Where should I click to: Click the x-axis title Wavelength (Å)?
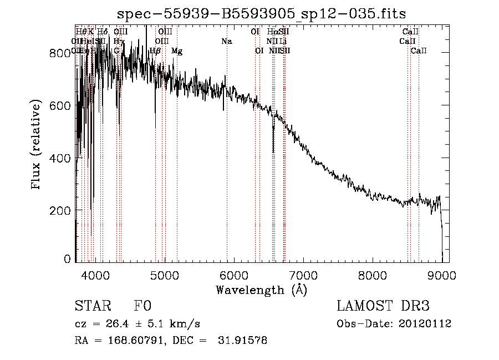click(x=261, y=289)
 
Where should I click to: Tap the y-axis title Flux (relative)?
click(x=37, y=145)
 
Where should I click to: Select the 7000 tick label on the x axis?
click(x=303, y=275)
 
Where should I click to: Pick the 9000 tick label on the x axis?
click(x=442, y=275)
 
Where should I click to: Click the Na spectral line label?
click(x=226, y=41)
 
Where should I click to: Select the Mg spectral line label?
click(x=177, y=51)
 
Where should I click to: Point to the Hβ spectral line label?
click(x=155, y=51)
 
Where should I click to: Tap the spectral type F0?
click(x=142, y=306)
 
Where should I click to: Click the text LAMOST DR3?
click(x=383, y=306)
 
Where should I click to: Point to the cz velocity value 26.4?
click(x=125, y=324)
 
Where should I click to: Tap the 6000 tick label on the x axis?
click(x=234, y=275)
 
